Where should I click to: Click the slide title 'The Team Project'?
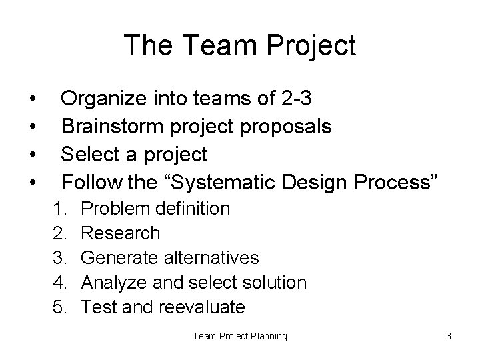pyautogui.click(x=240, y=46)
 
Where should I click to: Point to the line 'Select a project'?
pyautogui.click(x=134, y=155)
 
